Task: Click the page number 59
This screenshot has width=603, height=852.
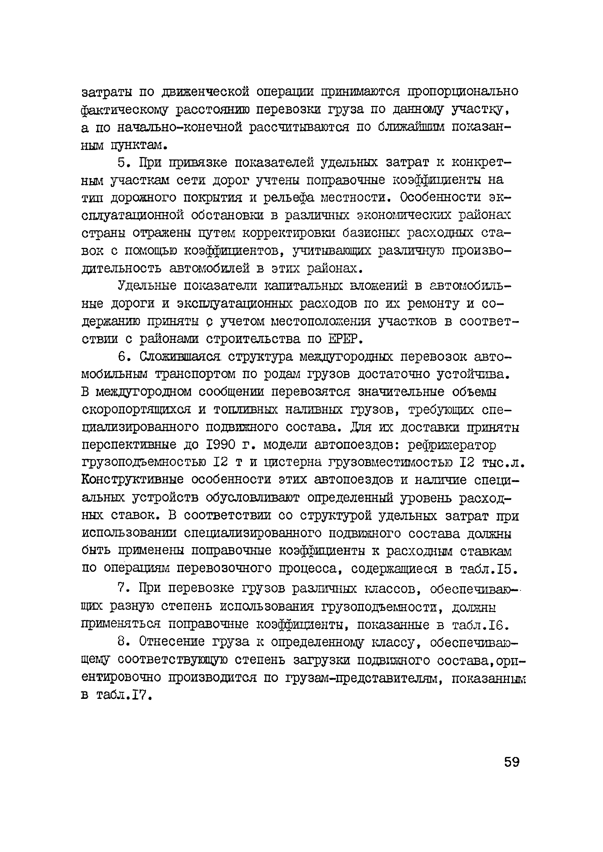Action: click(511, 762)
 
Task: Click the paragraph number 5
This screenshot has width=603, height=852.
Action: click(123, 163)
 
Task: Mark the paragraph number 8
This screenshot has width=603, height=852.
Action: click(123, 642)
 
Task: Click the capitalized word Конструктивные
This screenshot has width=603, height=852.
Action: click(132, 480)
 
